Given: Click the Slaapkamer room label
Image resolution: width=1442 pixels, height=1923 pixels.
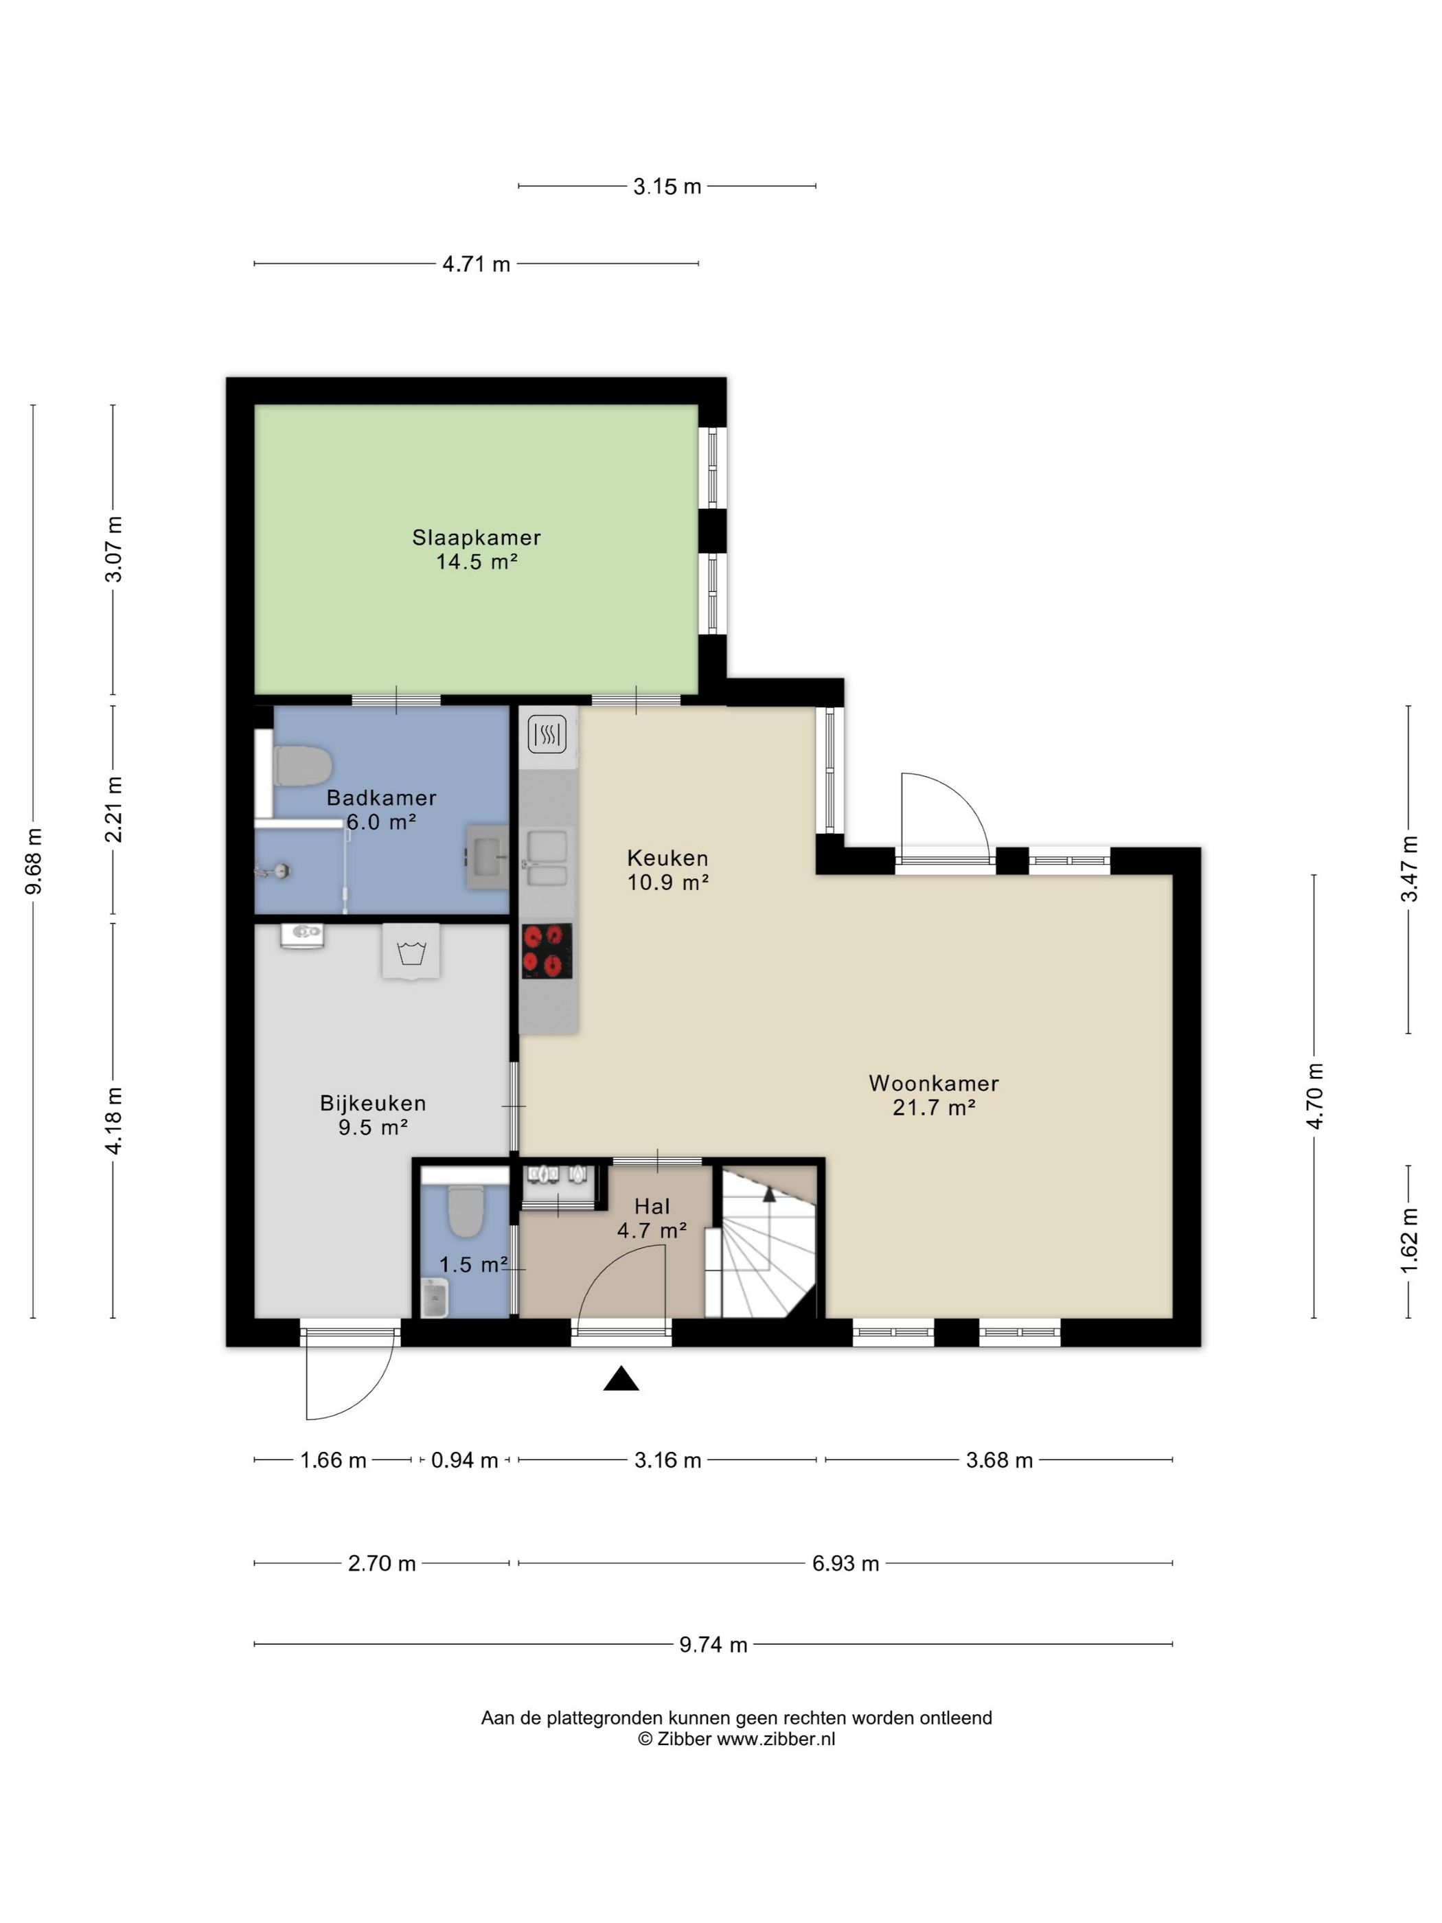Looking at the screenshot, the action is coord(477,537).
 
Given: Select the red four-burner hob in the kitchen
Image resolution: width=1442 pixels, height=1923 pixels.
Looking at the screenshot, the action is coord(547,951).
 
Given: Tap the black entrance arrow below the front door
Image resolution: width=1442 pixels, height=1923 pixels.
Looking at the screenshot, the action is coord(621,1379).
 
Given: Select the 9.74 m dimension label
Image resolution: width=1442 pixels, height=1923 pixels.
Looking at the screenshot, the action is coord(713,1645).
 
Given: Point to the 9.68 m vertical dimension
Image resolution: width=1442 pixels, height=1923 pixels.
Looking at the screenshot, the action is coord(34,861).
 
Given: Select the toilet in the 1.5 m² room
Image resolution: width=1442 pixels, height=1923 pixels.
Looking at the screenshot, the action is coord(465,1211).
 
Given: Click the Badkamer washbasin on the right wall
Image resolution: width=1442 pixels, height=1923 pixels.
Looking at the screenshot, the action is coord(487,857).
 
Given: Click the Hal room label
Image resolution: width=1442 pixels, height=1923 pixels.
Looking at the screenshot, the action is coord(652,1207).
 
